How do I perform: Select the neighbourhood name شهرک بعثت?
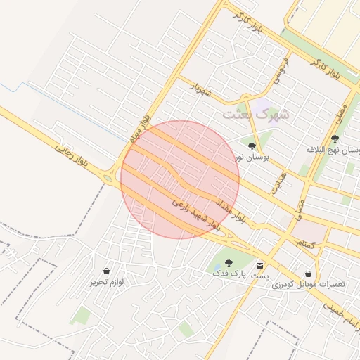(x=255, y=112)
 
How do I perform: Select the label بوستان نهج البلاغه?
(x=334, y=150)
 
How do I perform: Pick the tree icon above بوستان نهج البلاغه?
(x=335, y=139)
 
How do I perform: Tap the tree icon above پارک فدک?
(x=229, y=262)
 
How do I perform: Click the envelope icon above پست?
(x=260, y=266)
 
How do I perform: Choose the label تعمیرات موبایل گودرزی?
(x=309, y=285)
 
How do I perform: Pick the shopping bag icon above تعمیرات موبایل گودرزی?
(x=308, y=274)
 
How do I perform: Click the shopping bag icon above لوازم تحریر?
(x=106, y=271)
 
